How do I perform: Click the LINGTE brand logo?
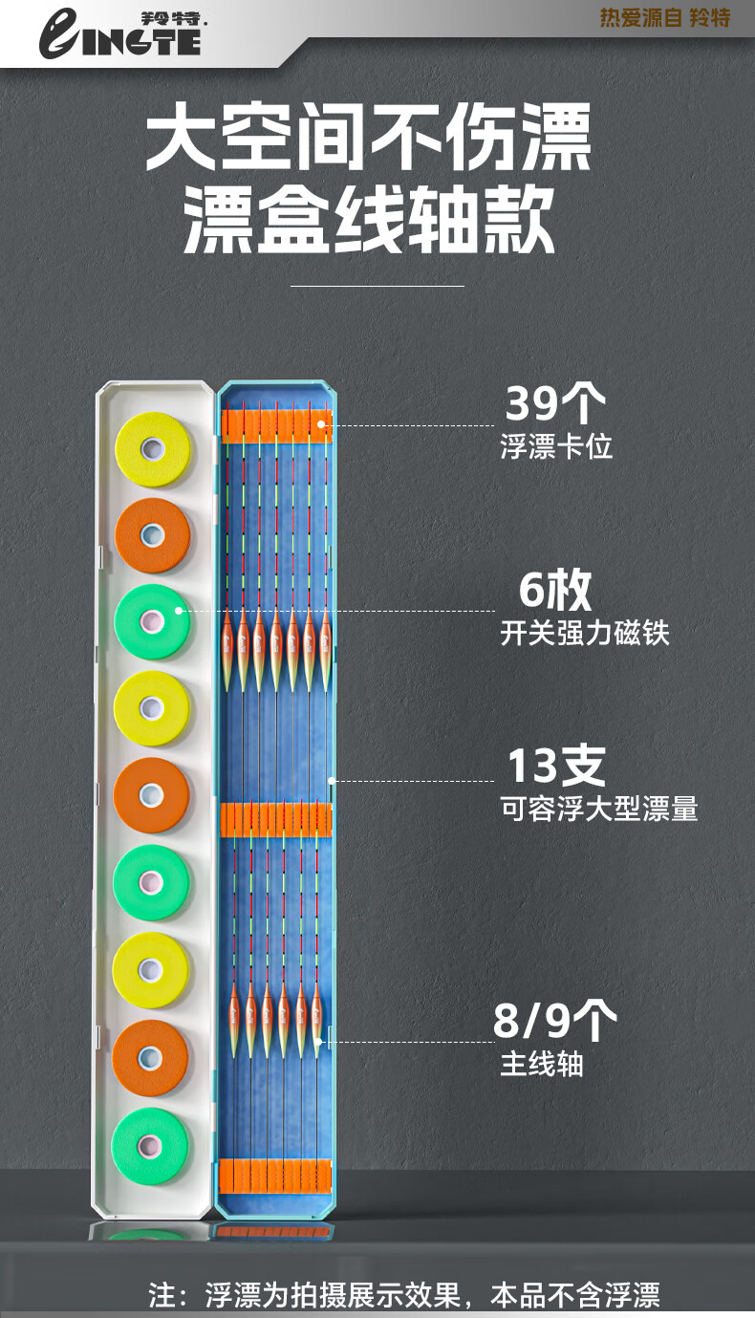click(x=119, y=34)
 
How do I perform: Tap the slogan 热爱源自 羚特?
click(x=664, y=18)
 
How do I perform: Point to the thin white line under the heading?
click(x=377, y=285)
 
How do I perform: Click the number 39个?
click(x=554, y=405)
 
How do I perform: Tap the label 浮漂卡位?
click(x=556, y=446)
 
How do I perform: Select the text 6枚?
click(x=555, y=591)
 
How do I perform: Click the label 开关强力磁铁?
click(x=584, y=633)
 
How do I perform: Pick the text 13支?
click(x=555, y=767)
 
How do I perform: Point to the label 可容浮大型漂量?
click(x=598, y=810)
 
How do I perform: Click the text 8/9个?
click(x=554, y=1021)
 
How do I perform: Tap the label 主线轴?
click(x=541, y=1064)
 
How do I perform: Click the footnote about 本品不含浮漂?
click(x=404, y=1295)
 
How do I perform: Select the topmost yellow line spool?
click(x=153, y=449)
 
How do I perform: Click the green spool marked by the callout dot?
click(x=153, y=621)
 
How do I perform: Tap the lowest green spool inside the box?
click(x=150, y=1146)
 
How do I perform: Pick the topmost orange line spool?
click(x=153, y=535)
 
